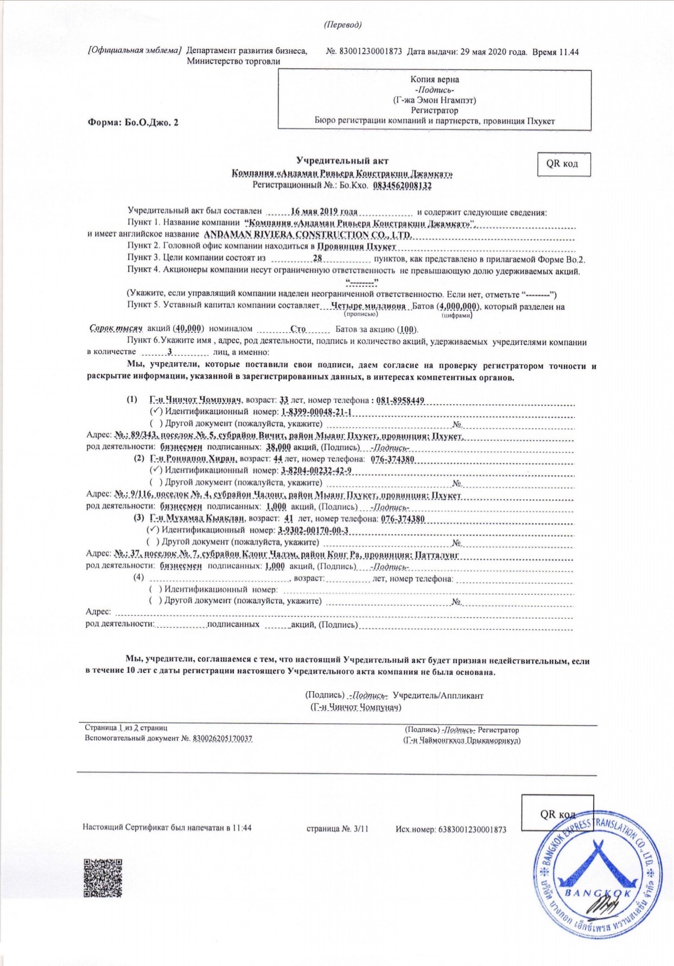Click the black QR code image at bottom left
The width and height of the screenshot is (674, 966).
[103, 878]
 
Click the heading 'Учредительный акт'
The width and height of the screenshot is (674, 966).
[342, 160]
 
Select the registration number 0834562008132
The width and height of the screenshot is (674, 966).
[402, 185]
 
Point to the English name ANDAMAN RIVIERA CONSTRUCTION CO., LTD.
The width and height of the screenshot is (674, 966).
[307, 235]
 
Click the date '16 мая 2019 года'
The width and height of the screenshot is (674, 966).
[324, 211]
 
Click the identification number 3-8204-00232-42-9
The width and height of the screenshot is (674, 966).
[316, 471]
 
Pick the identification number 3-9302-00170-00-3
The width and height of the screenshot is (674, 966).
[313, 530]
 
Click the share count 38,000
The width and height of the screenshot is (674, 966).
[278, 447]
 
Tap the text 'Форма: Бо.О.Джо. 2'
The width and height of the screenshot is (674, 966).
[133, 122]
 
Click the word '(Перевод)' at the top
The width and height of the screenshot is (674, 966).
[342, 25]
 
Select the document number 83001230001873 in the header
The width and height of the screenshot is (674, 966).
[371, 52]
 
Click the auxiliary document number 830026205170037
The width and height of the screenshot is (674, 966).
[222, 738]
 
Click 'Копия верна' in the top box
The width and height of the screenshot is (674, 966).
[435, 80]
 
